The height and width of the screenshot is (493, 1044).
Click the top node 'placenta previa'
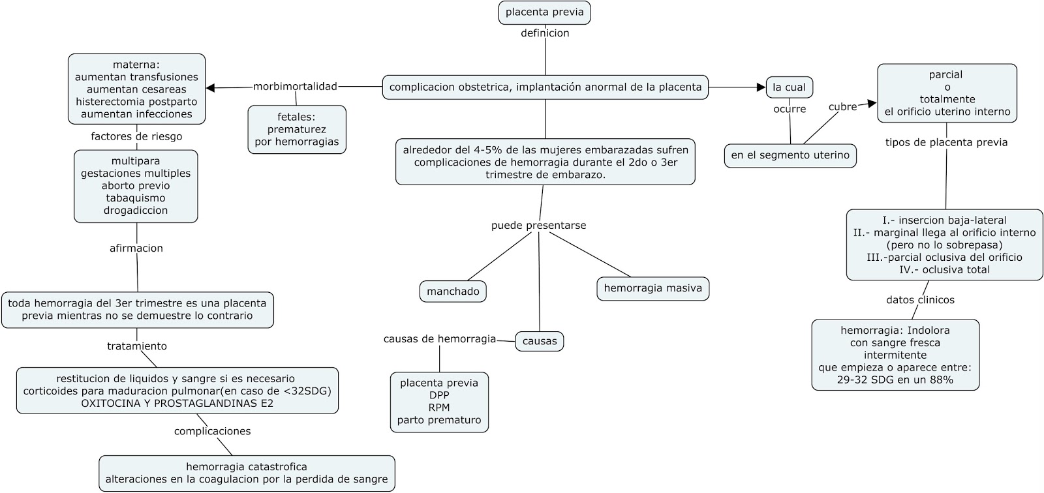click(x=545, y=12)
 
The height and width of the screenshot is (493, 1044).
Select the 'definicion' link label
click(x=545, y=33)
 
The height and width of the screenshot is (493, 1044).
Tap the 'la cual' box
click(x=789, y=87)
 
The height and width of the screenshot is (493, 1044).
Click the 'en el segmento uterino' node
click(x=790, y=155)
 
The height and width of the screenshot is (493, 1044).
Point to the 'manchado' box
click(x=453, y=291)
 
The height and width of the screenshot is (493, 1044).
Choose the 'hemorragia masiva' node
click(x=652, y=288)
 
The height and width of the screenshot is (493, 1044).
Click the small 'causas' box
click(x=540, y=341)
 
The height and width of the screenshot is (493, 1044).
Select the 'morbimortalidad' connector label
click(x=295, y=86)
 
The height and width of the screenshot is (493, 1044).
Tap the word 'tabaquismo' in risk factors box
click(x=136, y=198)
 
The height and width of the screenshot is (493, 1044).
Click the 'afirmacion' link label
click(x=136, y=248)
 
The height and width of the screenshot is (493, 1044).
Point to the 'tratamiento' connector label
click(x=137, y=346)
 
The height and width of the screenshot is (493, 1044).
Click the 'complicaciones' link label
click(x=212, y=431)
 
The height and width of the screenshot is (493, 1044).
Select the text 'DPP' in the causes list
click(x=439, y=395)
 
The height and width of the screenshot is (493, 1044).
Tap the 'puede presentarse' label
click(x=538, y=226)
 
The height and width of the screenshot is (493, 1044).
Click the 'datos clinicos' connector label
click(x=920, y=300)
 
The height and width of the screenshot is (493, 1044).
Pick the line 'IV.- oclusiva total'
click(x=944, y=270)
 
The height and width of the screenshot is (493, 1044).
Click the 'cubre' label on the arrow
click(x=842, y=107)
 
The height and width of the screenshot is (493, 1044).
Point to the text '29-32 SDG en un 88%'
click(x=895, y=380)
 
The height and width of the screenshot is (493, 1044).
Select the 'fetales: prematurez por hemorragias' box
click(x=297, y=129)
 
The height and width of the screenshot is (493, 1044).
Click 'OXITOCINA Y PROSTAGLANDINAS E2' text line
click(x=177, y=404)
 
